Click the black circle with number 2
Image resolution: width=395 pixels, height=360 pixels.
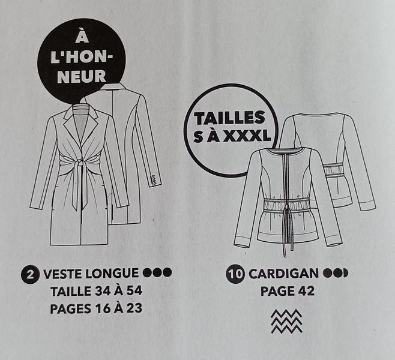click(x=30, y=274)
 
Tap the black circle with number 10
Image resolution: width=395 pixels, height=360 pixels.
click(x=235, y=274)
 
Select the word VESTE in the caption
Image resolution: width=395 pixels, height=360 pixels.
click(x=63, y=274)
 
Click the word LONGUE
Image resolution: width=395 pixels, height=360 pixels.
click(x=112, y=274)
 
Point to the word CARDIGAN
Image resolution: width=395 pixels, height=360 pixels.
click(x=284, y=274)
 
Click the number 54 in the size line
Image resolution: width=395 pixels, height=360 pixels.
click(x=134, y=291)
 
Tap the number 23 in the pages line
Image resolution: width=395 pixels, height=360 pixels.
click(x=134, y=308)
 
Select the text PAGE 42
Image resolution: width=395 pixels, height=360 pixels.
click(x=288, y=291)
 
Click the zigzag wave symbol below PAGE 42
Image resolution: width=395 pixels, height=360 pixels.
click(x=287, y=321)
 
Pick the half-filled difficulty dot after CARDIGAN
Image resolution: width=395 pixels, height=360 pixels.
click(x=343, y=273)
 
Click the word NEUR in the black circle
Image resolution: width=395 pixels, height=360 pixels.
click(x=82, y=77)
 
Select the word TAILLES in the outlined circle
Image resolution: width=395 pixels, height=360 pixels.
click(x=229, y=118)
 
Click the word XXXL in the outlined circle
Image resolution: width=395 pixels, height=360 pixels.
click(x=247, y=137)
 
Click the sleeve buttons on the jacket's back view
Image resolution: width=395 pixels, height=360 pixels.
click(x=154, y=179)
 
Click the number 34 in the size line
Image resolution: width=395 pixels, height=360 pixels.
click(x=103, y=291)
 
